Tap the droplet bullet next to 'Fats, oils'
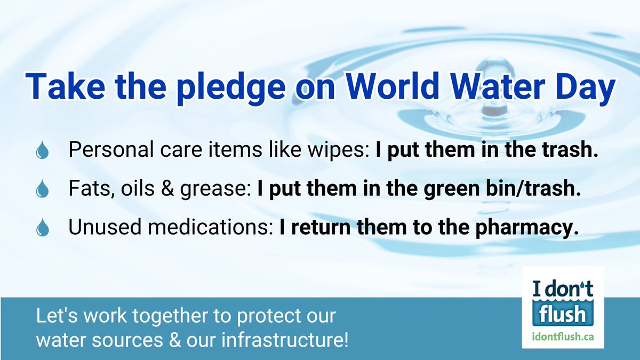[42, 190]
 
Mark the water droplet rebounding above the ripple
[490, 105]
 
